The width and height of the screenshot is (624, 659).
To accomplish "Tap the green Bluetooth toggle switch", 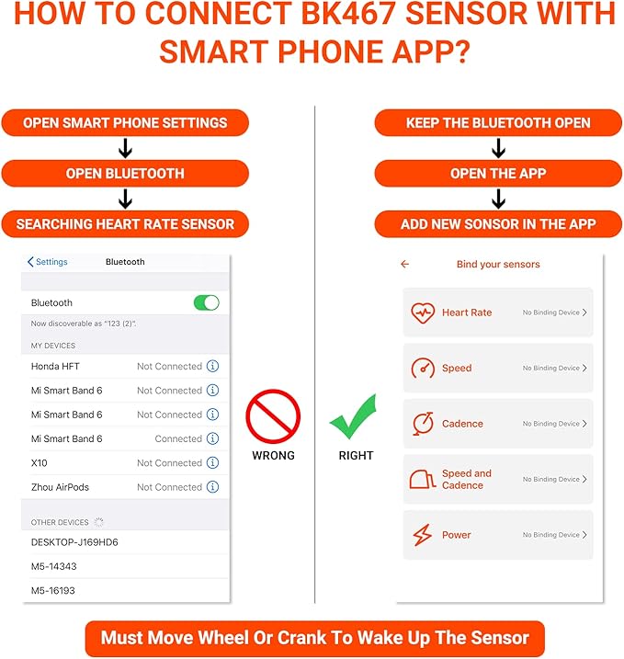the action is pyautogui.click(x=207, y=302).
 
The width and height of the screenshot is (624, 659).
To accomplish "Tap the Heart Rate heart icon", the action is pyautogui.click(x=423, y=312).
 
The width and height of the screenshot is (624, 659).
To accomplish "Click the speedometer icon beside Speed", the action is pyautogui.click(x=423, y=369).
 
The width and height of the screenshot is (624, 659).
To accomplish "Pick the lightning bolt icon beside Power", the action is pyautogui.click(x=423, y=535).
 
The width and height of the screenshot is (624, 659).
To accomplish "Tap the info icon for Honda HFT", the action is pyautogui.click(x=212, y=366).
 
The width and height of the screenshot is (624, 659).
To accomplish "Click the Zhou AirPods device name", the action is pyautogui.click(x=60, y=487).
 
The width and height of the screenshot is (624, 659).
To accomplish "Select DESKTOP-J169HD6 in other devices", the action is pyautogui.click(x=74, y=542).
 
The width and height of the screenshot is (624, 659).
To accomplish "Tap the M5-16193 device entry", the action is pyautogui.click(x=53, y=590).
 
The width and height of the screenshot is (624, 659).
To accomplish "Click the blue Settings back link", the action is pyautogui.click(x=48, y=262).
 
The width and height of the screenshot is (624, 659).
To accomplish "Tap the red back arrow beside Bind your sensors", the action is pyautogui.click(x=404, y=264).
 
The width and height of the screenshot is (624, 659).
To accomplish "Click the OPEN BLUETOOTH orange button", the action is pyautogui.click(x=125, y=174).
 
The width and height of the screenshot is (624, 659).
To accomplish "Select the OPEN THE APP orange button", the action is pyautogui.click(x=498, y=174).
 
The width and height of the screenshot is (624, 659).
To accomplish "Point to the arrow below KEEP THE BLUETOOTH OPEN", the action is pyautogui.click(x=498, y=148).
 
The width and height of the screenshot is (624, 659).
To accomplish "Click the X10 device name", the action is pyautogui.click(x=40, y=462).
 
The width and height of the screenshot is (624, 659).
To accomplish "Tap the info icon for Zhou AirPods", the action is pyautogui.click(x=212, y=487).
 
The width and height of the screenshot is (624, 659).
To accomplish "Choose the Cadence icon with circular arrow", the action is pyautogui.click(x=423, y=423).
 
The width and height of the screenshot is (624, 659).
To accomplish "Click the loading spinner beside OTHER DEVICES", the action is pyautogui.click(x=98, y=522).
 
